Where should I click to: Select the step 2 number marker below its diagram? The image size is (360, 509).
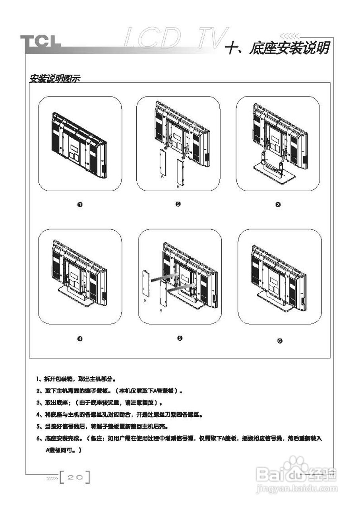click(178, 204)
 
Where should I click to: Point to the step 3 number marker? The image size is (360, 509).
click(278, 205)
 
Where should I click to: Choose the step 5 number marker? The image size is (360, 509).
click(180, 338)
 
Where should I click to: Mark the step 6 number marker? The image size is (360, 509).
click(280, 341)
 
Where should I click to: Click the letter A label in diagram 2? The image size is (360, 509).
click(162, 177)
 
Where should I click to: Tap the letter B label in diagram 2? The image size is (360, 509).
click(178, 186)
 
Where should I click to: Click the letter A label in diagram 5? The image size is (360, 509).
click(145, 302)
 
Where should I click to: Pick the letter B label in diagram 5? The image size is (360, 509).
click(161, 311)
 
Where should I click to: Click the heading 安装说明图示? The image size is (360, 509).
click(55, 78)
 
